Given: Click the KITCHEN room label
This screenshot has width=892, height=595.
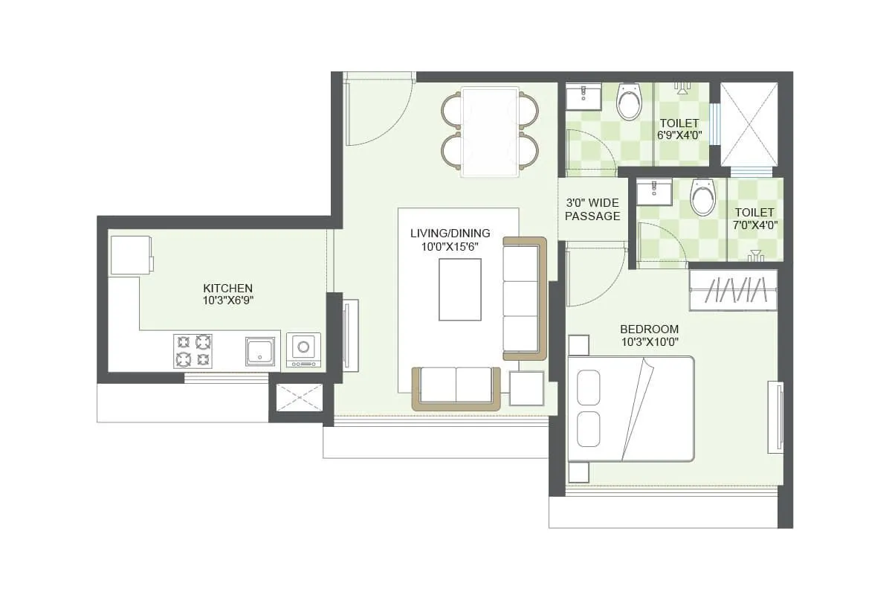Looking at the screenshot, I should (228, 288).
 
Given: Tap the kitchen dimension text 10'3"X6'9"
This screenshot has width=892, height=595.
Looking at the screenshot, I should (228, 301).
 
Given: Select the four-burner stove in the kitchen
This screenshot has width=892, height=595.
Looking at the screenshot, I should (193, 350).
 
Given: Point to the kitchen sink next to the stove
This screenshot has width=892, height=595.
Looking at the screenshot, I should (260, 351).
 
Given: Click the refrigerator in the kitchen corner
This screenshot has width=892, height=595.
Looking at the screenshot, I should (131, 255).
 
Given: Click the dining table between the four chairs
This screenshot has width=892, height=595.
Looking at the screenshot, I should (489, 132).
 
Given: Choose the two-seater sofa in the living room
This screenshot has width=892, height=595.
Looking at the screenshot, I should (456, 387).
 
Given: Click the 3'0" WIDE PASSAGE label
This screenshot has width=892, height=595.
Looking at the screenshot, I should (592, 209).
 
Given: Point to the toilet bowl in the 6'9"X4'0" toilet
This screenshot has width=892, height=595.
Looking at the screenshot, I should (630, 103).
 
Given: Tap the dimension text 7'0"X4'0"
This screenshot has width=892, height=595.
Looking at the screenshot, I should (755, 226).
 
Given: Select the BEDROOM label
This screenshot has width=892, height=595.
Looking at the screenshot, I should (649, 329).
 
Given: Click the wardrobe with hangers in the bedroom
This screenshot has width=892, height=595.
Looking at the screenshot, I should (734, 289).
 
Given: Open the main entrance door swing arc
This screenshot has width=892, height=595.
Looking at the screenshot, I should (379, 112).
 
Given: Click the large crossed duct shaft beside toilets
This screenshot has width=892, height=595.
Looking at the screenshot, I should (749, 123).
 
